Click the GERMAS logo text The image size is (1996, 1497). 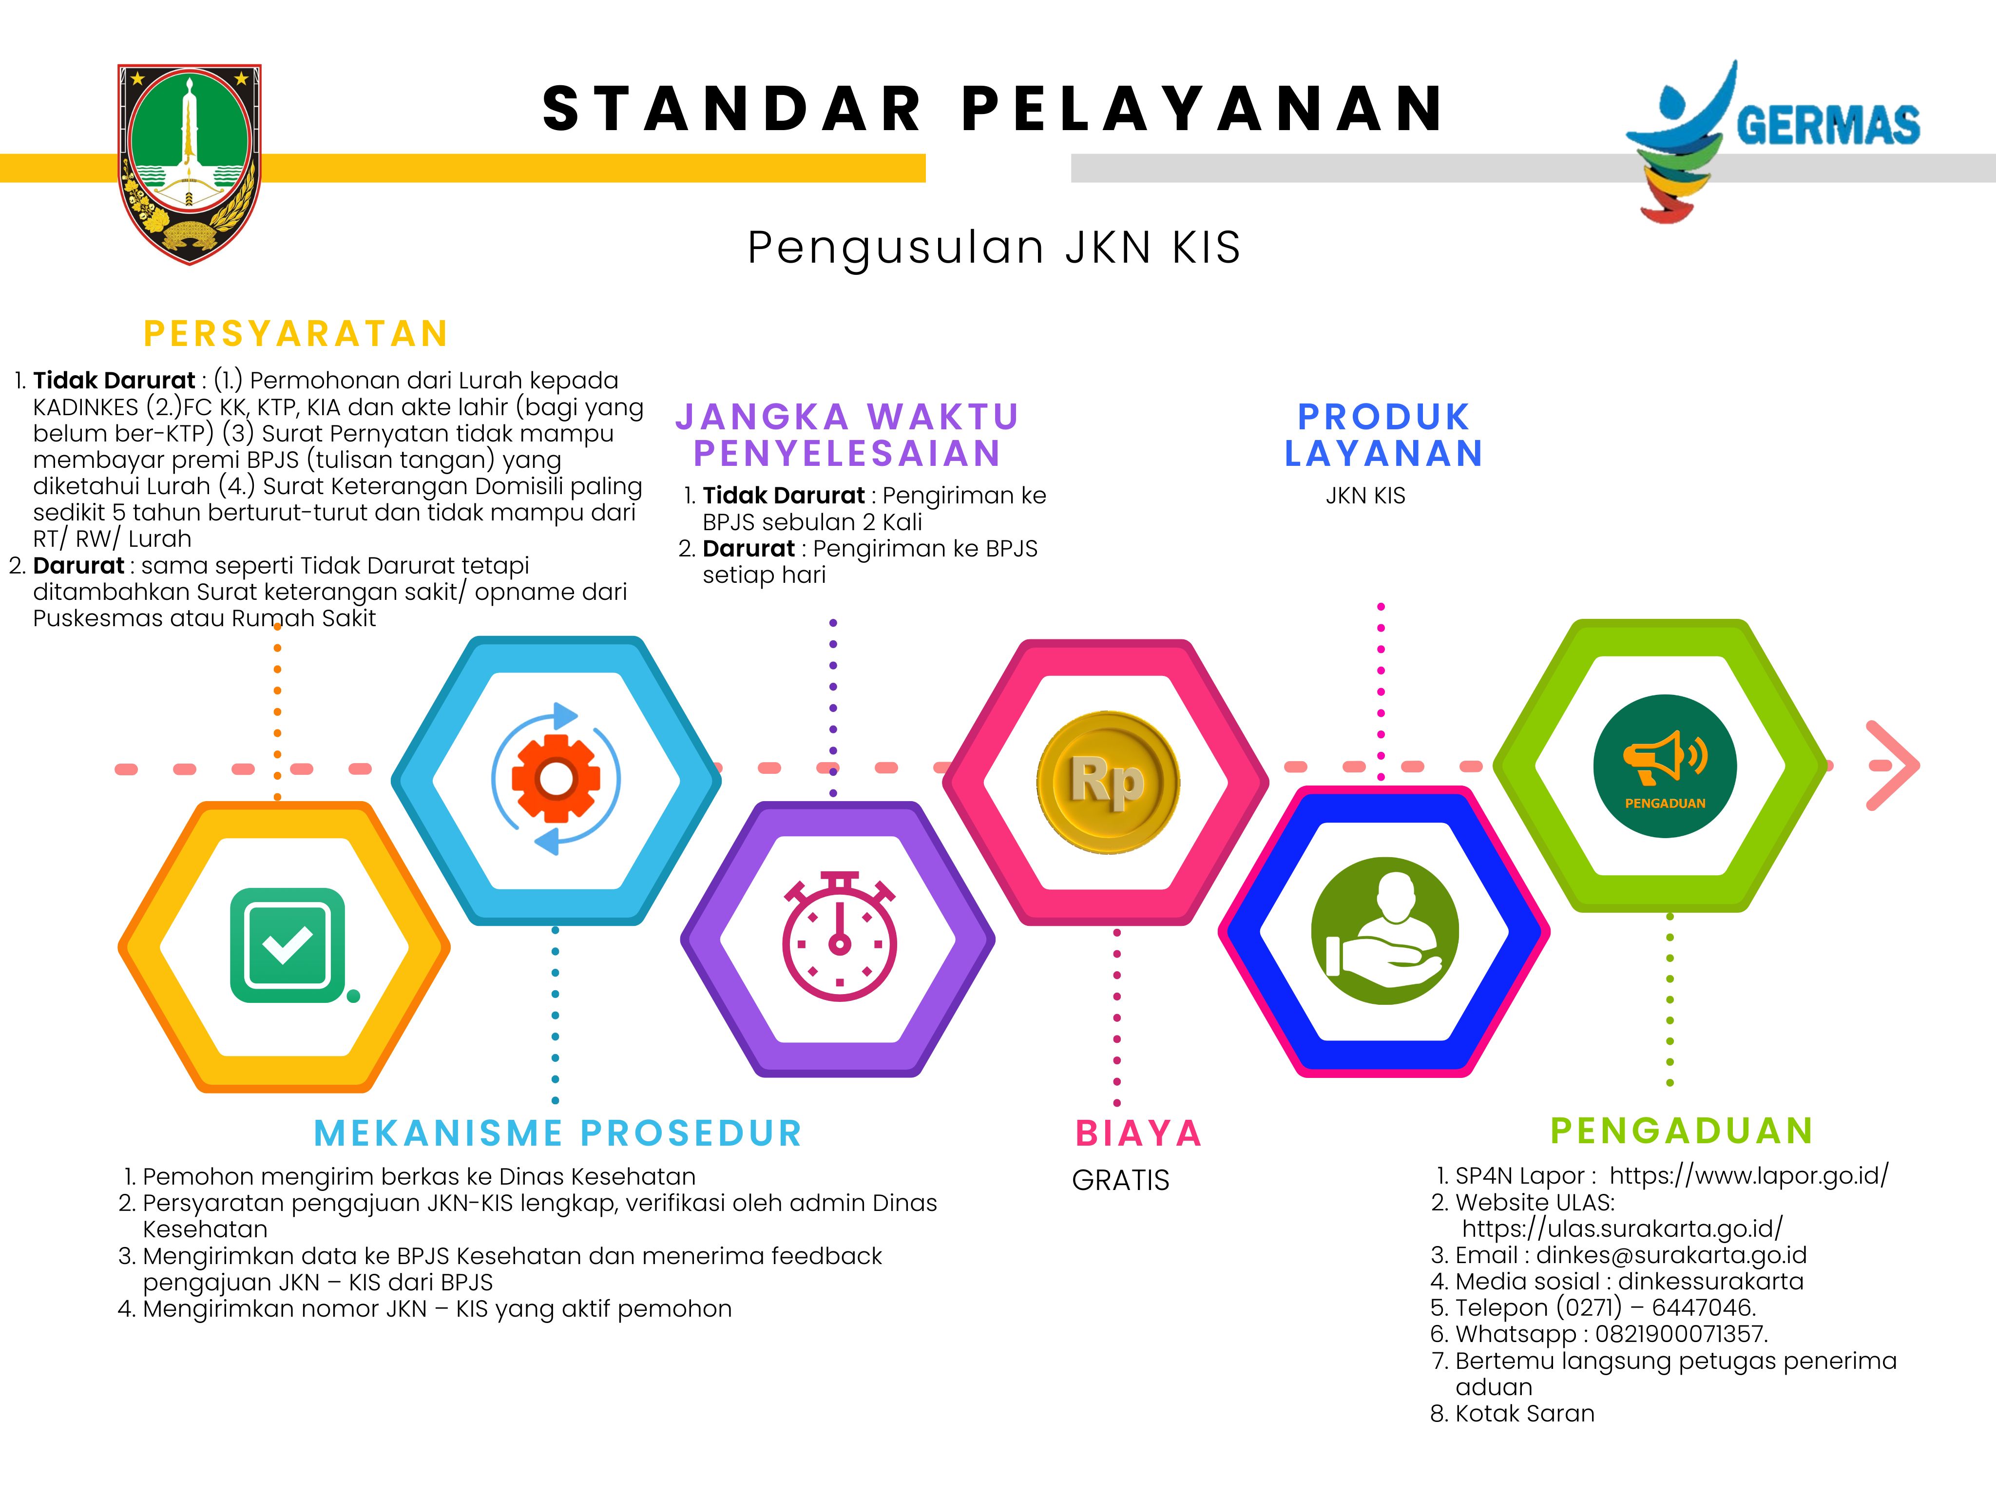pos(1828,125)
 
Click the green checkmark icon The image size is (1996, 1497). pos(289,946)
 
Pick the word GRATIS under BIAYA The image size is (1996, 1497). pos(1121,1180)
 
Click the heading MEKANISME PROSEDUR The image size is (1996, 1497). pos(557,1133)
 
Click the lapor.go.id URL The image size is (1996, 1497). pos(1749,1176)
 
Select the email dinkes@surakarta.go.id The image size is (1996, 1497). pos(1671,1255)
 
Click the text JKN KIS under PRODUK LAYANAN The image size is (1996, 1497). pos(1365,496)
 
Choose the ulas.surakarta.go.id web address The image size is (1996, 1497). pos(1622,1229)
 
